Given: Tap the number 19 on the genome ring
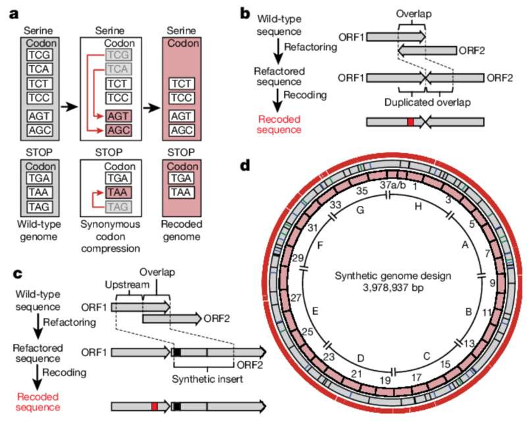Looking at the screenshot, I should [367, 380].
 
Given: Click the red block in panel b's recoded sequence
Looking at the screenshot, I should [410, 122].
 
